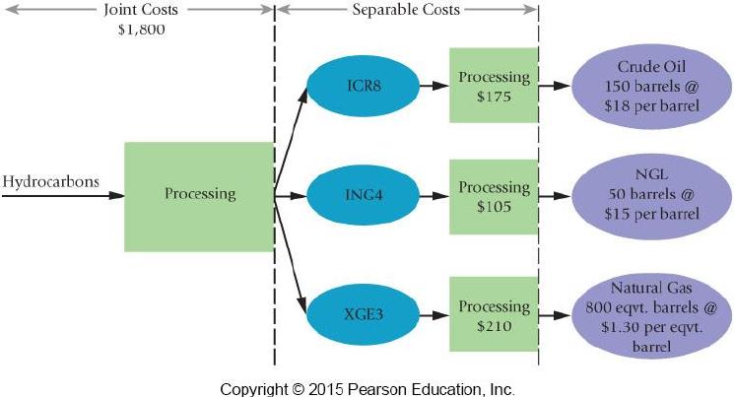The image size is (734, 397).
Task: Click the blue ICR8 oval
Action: [x=364, y=86]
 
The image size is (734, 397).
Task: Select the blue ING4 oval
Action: [x=364, y=195]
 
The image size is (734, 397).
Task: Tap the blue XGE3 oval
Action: [x=364, y=314]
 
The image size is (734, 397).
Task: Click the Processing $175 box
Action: [x=494, y=85]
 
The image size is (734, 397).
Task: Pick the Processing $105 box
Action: [x=494, y=197]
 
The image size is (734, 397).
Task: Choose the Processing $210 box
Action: [x=494, y=314]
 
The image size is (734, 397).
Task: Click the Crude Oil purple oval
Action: [x=651, y=86]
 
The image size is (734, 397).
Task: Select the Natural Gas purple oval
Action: [x=651, y=316]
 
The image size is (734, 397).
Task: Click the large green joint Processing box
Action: [x=199, y=197]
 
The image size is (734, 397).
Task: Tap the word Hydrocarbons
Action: [x=50, y=182]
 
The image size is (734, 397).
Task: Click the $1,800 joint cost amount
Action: [x=141, y=30]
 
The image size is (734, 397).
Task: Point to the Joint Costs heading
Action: [x=141, y=10]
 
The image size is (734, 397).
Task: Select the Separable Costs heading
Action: [x=406, y=10]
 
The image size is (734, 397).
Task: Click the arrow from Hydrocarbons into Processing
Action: [x=63, y=195]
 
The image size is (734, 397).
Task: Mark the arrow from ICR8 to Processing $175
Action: [x=434, y=86]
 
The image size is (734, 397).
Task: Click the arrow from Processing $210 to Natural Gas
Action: [x=555, y=315]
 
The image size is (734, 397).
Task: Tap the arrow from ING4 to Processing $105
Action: [x=434, y=196]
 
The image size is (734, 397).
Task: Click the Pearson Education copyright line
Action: [x=367, y=389]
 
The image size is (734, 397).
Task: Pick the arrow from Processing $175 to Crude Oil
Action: [x=555, y=86]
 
